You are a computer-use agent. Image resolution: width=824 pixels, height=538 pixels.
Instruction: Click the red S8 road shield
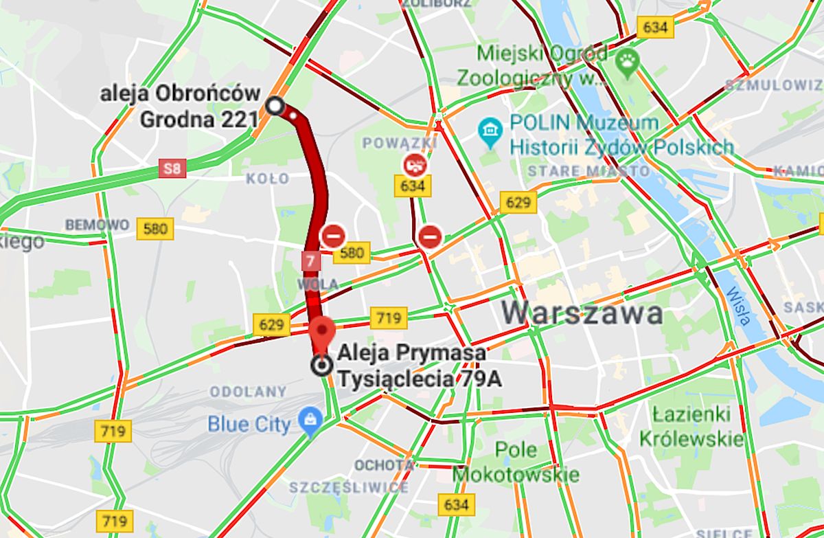(172, 168)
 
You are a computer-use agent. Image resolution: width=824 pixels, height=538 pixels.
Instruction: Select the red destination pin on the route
(321, 333)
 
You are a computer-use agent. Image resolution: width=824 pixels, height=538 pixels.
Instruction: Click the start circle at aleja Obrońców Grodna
(275, 106)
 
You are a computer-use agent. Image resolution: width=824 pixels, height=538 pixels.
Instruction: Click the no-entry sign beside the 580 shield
(332, 235)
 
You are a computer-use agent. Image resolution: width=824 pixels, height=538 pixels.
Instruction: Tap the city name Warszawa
(582, 313)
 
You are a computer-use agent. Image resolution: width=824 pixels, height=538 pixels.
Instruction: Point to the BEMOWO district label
(97, 225)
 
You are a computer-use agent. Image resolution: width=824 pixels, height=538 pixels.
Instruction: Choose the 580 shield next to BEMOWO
(155, 228)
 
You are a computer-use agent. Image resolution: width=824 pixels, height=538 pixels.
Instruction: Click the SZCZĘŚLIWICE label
(349, 488)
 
